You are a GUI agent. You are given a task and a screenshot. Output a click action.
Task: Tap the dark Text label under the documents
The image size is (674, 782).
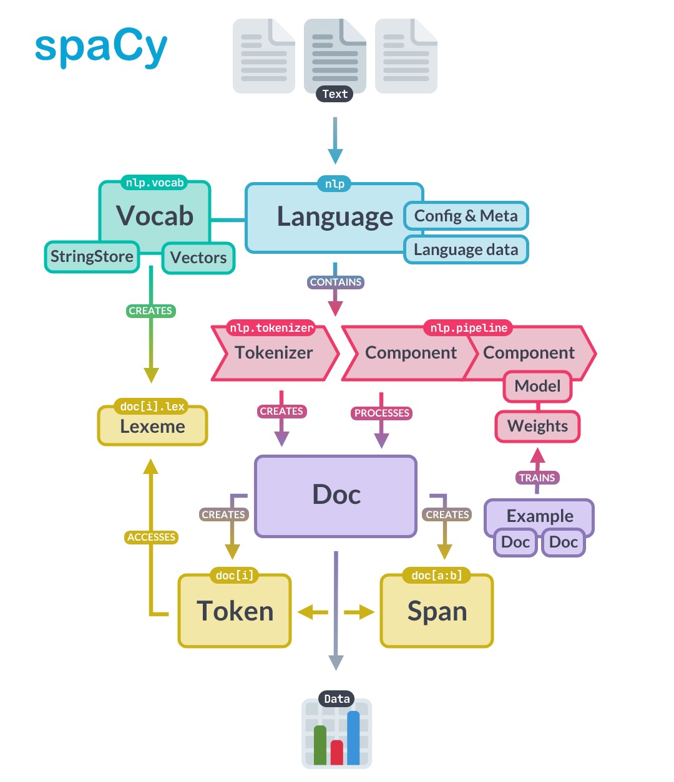point(335,94)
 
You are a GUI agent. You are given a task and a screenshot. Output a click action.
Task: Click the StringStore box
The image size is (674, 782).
point(92,256)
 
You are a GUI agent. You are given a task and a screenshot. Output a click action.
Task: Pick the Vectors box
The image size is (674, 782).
point(198,258)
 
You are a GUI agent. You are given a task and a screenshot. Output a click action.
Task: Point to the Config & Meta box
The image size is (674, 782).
point(466,216)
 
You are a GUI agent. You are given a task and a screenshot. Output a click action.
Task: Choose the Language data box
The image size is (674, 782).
point(466,249)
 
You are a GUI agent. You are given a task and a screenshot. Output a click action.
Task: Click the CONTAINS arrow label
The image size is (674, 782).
point(336,282)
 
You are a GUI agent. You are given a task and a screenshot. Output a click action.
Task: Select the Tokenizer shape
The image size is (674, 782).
point(275,352)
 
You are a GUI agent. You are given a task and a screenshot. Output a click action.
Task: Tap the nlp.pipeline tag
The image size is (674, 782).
point(469,327)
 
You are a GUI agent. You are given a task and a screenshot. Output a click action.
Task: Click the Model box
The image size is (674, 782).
point(537,386)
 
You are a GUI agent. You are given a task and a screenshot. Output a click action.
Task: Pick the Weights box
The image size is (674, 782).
point(537,426)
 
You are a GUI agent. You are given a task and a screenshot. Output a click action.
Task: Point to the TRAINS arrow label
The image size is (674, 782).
point(537,478)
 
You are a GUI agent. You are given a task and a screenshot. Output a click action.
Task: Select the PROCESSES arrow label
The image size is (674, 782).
point(381,413)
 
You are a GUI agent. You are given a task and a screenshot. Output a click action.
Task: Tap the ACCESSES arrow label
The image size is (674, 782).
point(151,537)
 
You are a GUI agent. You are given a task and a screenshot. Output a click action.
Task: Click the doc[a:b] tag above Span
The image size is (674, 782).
point(437,576)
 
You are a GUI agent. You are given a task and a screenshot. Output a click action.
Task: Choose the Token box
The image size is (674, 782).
point(235,611)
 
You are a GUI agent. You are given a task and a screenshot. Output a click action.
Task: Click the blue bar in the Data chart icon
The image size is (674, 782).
point(353,738)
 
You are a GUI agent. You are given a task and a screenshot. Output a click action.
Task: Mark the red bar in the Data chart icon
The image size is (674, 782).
point(336,753)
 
